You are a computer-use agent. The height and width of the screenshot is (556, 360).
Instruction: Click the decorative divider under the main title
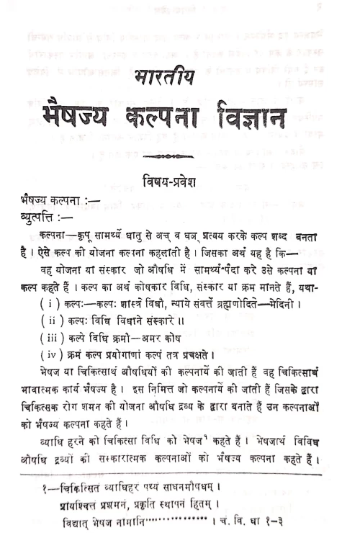click(x=166, y=155)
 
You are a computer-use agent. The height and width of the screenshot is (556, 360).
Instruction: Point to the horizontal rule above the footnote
click(x=180, y=475)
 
